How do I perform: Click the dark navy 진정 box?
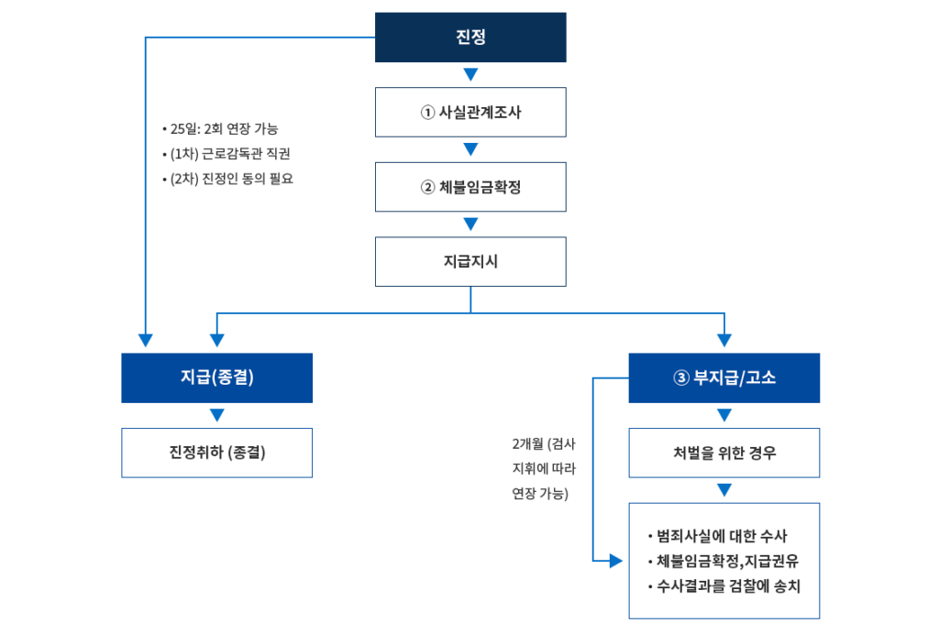[470, 38]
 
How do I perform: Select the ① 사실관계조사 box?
[470, 113]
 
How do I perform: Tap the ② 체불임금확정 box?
[470, 187]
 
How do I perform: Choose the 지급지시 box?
[470, 261]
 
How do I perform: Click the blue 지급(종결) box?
[216, 377]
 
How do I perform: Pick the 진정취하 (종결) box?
[216, 453]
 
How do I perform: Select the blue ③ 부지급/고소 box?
[724, 377]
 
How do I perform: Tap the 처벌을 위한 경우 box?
[724, 453]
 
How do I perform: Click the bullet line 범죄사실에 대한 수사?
[718, 536]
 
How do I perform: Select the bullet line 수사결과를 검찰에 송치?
[724, 586]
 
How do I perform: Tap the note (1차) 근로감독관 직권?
[230, 153]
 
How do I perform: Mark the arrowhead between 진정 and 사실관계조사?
[470, 74]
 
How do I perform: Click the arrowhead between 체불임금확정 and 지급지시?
[470, 224]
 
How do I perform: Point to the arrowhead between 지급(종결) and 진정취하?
[216, 415]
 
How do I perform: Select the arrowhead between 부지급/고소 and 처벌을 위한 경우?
[724, 415]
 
